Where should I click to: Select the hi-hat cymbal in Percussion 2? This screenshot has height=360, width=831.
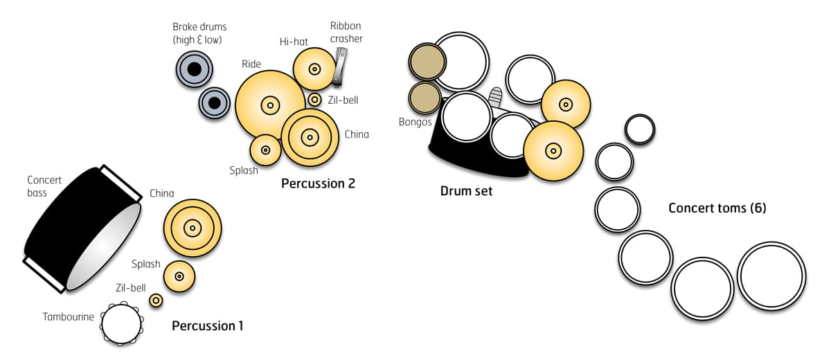pos(314,69)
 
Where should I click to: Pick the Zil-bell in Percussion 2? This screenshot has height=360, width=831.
pos(314,100)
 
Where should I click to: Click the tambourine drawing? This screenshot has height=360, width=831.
pos(121,323)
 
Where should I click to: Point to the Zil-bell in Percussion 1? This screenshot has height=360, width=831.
pos(156,300)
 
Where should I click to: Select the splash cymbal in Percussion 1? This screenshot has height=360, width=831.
pos(179,276)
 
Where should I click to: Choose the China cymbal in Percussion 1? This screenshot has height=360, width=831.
pos(193,228)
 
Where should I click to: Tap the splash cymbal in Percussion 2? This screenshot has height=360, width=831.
pos(265,150)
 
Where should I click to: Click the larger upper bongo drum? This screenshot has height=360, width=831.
pos(427,62)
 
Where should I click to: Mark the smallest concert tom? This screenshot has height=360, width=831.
pos(640,129)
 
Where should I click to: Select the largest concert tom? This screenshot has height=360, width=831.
pos(771,276)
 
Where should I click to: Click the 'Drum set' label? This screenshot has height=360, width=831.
pos(466,190)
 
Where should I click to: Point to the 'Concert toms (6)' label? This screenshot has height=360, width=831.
pos(717,208)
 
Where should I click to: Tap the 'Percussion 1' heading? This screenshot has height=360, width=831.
pos(207,325)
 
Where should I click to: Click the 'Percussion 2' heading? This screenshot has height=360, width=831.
pos(318,184)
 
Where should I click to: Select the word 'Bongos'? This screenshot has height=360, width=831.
pos(415,122)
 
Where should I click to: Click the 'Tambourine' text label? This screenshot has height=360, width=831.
pos(68,316)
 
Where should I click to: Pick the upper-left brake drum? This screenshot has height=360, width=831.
pos(195,69)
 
